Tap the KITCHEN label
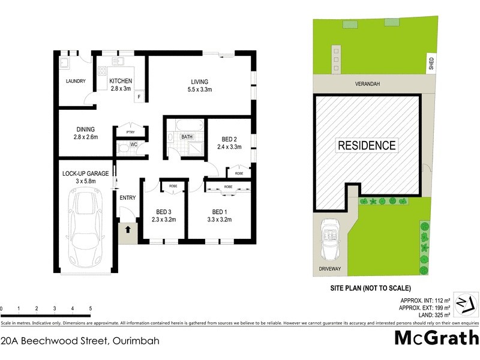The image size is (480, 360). [121, 81]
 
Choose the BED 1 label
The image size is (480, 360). [221, 211]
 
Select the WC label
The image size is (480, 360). [135, 145]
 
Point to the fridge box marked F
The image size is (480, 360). [139, 96]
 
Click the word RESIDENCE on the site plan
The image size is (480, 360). [367, 145]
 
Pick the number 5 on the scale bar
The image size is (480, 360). [91, 308]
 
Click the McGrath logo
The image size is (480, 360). [436, 337]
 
